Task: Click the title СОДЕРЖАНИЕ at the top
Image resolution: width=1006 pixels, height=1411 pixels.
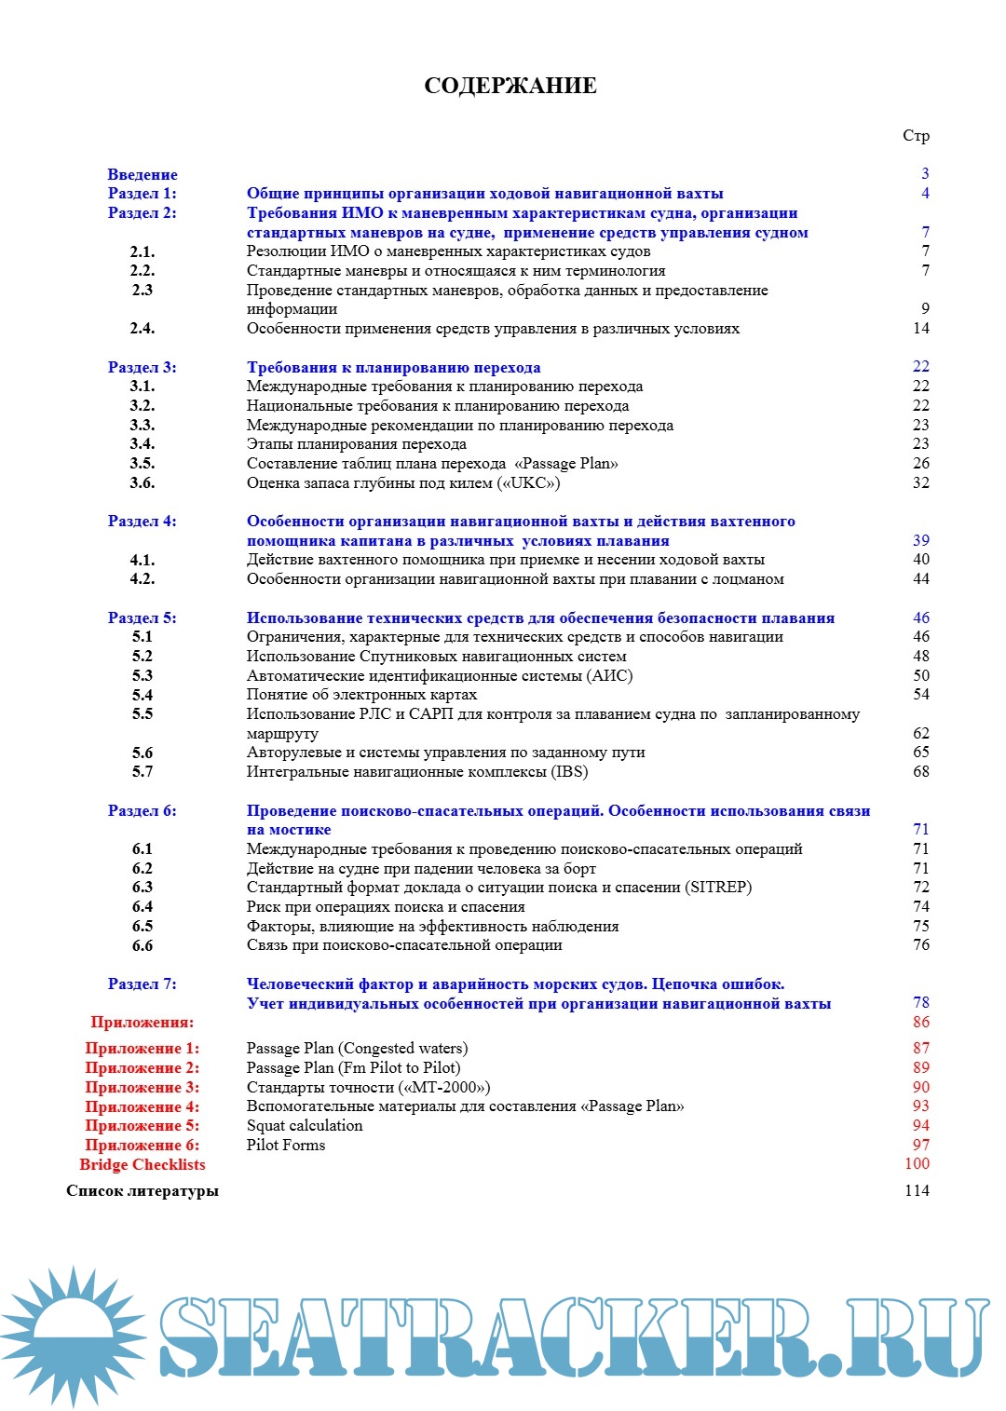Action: pos(510,86)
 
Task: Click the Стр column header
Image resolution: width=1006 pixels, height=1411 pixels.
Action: pos(916,136)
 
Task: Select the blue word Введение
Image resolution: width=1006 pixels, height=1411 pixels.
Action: pos(142,174)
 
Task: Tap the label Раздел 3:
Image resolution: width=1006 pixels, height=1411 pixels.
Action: pos(142,367)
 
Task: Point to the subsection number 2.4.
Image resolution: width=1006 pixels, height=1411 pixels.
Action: pos(142,328)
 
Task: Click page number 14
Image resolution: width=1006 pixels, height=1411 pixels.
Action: pos(920,328)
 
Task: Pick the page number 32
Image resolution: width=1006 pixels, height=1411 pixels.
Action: pos(920,482)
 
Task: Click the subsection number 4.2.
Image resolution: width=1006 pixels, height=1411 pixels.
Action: pos(142,578)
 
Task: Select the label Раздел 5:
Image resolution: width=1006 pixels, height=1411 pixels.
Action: pos(142,617)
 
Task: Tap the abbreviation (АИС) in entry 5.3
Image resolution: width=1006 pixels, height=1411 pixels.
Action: pos(610,675)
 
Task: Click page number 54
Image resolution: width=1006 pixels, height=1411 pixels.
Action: pos(920,694)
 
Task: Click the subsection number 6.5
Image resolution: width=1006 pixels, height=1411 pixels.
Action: pos(142,926)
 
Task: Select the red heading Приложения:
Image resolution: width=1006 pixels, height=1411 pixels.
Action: pos(142,1022)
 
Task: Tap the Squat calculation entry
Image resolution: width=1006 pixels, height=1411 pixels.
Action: pos(305,1125)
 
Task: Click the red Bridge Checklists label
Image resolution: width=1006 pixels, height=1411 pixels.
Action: pos(142,1164)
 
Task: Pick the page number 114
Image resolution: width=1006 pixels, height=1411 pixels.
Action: pos(917,1190)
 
